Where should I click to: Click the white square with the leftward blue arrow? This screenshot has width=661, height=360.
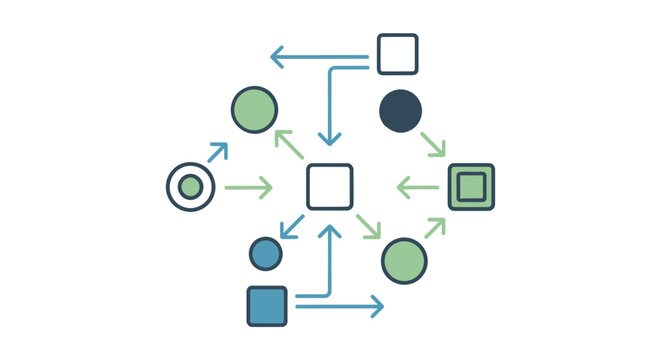point(397,54)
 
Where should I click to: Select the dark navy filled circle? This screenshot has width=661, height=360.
point(400,110)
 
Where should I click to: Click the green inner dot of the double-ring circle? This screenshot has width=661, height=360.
point(190,186)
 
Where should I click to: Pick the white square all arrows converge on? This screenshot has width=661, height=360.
point(329,187)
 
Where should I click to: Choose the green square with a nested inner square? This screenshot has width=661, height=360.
point(471,187)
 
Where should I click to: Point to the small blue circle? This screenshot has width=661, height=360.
point(265,253)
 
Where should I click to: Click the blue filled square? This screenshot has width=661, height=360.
point(267,306)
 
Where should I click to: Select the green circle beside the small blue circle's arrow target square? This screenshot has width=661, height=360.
point(404,261)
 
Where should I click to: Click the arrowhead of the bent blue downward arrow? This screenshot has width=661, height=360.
point(330,137)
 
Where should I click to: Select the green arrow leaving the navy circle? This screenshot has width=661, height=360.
point(433,144)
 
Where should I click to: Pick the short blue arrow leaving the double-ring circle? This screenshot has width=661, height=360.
point(217,152)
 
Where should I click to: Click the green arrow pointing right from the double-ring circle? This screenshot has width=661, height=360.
point(248,187)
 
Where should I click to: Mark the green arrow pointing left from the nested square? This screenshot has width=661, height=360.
point(418,187)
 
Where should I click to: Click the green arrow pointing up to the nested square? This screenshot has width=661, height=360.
point(433,228)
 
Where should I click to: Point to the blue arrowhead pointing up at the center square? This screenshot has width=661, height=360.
point(330,232)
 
